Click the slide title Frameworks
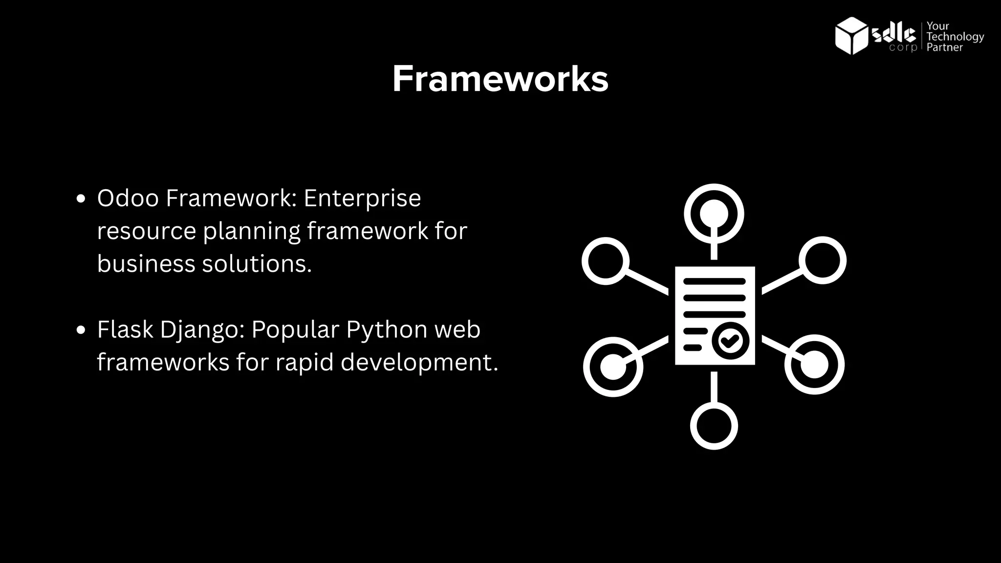pos(500,79)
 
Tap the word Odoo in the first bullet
pos(128,198)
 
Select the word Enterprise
pos(362,198)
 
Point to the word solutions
pos(257,264)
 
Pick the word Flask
pos(125,329)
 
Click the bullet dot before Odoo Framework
pos(81,199)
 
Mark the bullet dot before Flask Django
pos(81,330)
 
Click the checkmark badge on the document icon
pos(730,340)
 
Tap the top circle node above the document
pos(714,214)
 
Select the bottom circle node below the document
pos(714,425)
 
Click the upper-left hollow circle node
pos(606,261)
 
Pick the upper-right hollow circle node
pos(823,260)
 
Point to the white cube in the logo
pos(851,35)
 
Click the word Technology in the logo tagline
pos(955,37)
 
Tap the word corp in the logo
pos(903,48)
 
